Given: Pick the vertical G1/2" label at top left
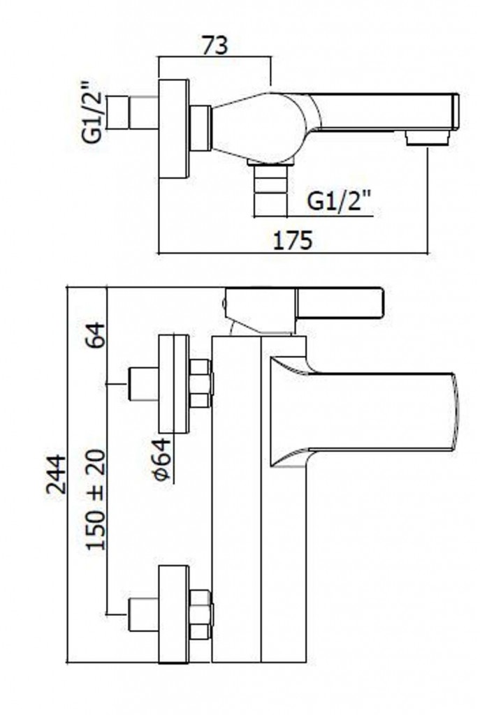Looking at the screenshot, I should pyautogui.click(x=93, y=115).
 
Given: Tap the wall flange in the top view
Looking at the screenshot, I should pyautogui.click(x=173, y=128).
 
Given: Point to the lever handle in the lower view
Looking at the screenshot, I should pyautogui.click(x=340, y=302).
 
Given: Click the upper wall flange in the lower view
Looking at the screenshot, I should pyautogui.click(x=173, y=384).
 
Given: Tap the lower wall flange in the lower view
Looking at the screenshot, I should pyautogui.click(x=173, y=614).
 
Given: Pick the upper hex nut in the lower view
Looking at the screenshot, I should pyautogui.click(x=201, y=383).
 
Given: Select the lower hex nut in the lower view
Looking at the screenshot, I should pyautogui.click(x=201, y=614).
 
